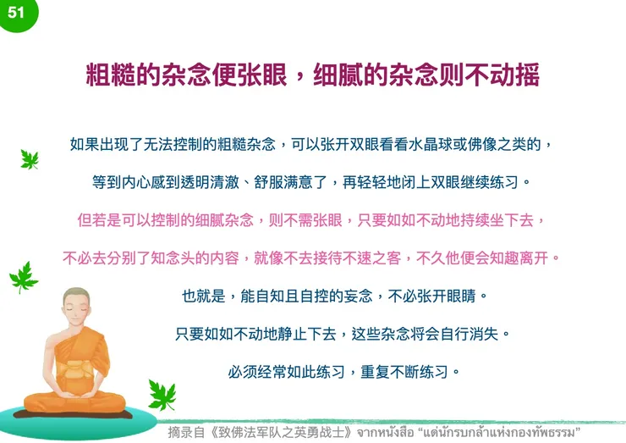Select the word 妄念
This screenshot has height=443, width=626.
tap(352, 296)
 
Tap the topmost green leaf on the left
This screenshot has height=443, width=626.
tap(30, 158)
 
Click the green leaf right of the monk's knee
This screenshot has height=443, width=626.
tap(161, 394)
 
